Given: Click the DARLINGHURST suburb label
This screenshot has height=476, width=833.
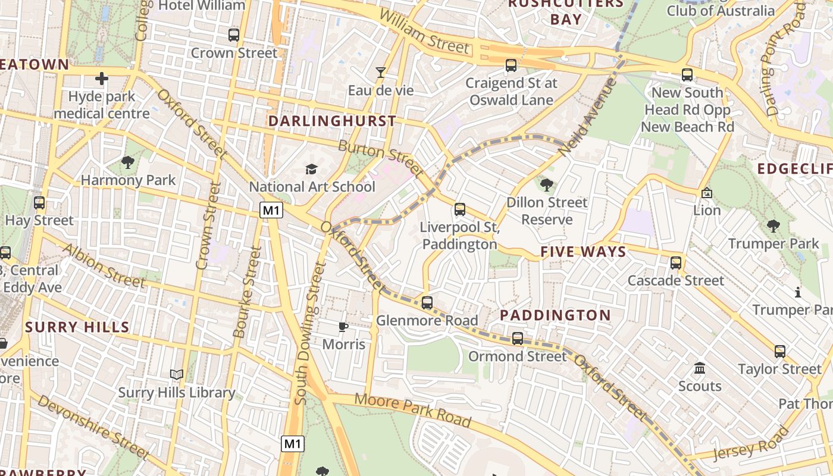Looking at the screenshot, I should pyautogui.click(x=332, y=121).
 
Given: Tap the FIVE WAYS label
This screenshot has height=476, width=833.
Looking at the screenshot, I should pyautogui.click(x=583, y=252).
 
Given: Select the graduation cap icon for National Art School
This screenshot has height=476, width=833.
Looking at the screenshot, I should pyautogui.click(x=311, y=170).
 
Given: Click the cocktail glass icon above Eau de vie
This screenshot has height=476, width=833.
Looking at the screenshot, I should pyautogui.click(x=381, y=73).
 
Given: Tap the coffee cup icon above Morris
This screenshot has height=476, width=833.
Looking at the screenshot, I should pyautogui.click(x=343, y=327).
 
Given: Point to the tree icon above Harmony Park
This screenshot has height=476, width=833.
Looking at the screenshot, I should pyautogui.click(x=127, y=162).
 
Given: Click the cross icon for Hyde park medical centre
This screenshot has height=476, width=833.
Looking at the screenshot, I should pyautogui.click(x=102, y=78).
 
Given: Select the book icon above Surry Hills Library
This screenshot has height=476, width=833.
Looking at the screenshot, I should pyautogui.click(x=177, y=374).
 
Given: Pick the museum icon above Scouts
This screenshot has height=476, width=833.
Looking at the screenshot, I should pyautogui.click(x=700, y=368).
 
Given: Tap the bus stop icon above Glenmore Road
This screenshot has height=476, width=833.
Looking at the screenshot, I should pyautogui.click(x=427, y=303).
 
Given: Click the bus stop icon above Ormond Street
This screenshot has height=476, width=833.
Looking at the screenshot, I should pyautogui.click(x=518, y=339).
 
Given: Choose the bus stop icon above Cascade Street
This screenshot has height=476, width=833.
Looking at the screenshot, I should pyautogui.click(x=676, y=262).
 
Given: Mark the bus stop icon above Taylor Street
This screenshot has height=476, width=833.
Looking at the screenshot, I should pyautogui.click(x=780, y=352).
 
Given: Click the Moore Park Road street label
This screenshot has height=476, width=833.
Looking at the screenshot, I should pyautogui.click(x=413, y=410).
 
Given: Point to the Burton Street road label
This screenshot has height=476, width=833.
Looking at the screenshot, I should pyautogui.click(x=381, y=159).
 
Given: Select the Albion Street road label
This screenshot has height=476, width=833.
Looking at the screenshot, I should pyautogui.click(x=104, y=265).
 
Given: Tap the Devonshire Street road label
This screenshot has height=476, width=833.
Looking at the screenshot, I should pyautogui.click(x=92, y=426).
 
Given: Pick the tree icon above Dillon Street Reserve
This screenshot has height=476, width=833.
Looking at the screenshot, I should pyautogui.click(x=546, y=184).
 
